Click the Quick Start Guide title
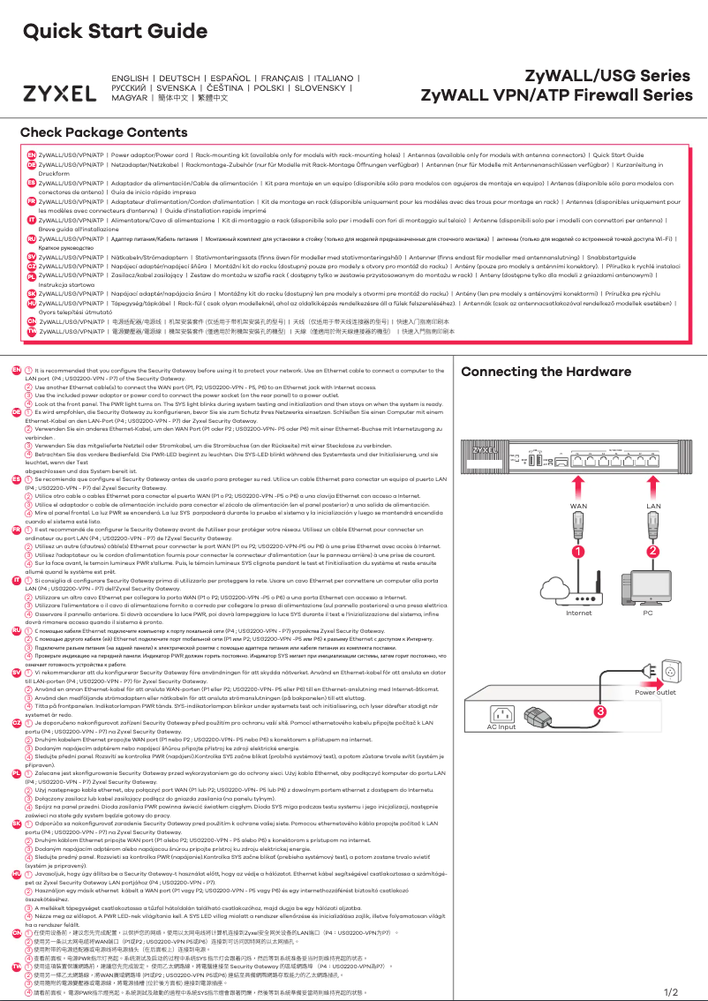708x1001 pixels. [108, 33]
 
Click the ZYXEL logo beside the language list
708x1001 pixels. [59, 94]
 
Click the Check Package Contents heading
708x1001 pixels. [103, 133]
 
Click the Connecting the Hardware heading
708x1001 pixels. [554, 372]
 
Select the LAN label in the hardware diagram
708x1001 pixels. [654, 506]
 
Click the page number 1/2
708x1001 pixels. [670, 992]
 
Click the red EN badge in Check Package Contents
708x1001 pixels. [31, 154]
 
